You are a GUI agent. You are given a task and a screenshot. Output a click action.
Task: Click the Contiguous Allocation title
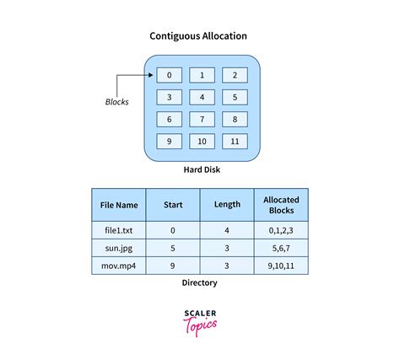198,36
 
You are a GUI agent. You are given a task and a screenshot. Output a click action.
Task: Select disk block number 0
169,75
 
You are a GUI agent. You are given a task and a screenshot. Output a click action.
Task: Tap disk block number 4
202,97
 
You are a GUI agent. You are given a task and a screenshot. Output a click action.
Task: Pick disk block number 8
235,119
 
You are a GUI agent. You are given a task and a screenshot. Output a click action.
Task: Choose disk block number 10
202,142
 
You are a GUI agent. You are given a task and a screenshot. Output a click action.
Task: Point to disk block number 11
235,142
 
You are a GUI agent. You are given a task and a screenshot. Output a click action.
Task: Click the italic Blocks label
116,102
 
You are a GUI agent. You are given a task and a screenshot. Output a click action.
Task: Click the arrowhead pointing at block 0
151,75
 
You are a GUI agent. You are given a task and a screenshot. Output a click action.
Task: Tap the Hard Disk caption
202,169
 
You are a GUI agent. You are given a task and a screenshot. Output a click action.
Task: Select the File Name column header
119,205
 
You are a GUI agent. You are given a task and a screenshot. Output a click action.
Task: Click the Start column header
173,205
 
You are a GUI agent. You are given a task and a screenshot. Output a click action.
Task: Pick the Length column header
227,205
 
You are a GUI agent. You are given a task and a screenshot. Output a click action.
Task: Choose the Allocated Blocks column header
281,205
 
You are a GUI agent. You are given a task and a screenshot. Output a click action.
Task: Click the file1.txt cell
119,230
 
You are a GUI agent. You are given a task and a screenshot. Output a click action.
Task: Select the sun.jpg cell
119,248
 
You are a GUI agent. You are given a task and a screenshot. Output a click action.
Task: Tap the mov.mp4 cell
119,266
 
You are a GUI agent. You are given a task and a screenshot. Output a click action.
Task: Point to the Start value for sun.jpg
173,248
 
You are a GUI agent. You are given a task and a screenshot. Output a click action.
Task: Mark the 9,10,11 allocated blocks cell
281,266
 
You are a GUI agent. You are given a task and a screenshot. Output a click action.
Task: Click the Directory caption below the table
199,282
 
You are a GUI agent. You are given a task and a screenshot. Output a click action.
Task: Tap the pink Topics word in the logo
200,326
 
